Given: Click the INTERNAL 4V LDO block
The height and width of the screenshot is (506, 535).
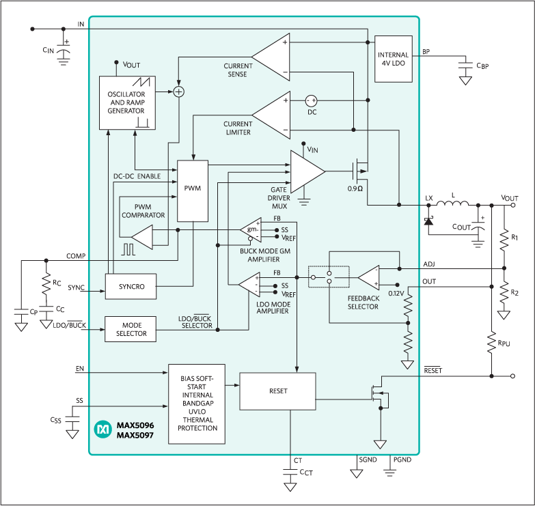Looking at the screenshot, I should tap(394, 59).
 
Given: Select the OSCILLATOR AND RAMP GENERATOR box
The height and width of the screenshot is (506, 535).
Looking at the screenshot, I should tap(126, 101).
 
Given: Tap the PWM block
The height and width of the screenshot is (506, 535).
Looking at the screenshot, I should tap(192, 191).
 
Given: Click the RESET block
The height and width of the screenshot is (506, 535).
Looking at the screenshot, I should tap(277, 391).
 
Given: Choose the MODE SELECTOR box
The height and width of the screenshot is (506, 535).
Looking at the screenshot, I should tap(130, 328).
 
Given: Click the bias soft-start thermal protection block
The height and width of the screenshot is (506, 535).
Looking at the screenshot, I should tap(195, 404).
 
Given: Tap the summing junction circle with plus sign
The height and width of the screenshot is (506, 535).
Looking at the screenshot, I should tap(178, 91).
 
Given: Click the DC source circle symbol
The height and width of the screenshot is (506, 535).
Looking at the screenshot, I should tap(312, 100).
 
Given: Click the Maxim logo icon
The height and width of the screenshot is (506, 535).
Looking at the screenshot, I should tap(103, 429).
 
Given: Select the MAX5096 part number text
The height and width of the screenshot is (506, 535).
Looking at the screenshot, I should tap(135, 425).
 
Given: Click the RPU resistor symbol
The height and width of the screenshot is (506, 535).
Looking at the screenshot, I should tap(491, 341).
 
